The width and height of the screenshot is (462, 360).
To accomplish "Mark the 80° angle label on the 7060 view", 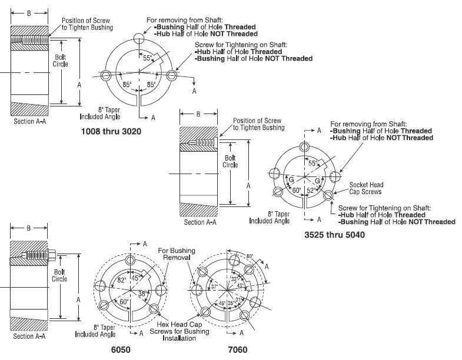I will pos(250,256).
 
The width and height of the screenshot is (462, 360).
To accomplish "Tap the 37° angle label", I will pos(214,287).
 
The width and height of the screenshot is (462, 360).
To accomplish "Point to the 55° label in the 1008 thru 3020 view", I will pos(147,59).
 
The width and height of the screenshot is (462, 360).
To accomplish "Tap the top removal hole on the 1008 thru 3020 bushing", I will pos(138,38).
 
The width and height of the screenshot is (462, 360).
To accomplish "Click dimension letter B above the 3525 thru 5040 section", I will pos(198,114).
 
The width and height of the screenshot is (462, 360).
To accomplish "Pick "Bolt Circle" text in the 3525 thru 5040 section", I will pos(230,162).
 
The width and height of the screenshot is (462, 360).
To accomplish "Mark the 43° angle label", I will pos(240,286).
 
